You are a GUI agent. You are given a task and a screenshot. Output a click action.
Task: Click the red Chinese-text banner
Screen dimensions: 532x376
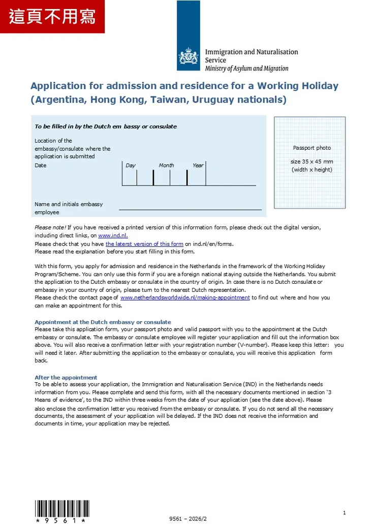pyautogui.click(x=52, y=17)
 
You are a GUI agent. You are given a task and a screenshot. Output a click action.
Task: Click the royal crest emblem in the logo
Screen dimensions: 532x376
pyautogui.click(x=189, y=56)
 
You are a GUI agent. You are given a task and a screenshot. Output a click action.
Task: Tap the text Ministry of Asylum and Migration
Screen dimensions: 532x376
pyautogui.click(x=246, y=69)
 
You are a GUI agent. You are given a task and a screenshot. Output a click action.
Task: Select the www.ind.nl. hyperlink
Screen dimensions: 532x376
pyautogui.click(x=113, y=236)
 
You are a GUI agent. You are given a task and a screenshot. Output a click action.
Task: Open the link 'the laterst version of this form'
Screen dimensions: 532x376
pyautogui.click(x=144, y=244)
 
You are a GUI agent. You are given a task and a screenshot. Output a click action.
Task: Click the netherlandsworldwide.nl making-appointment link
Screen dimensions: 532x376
pyautogui.click(x=185, y=297)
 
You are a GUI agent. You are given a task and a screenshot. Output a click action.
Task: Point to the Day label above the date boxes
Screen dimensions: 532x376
pyautogui.click(x=131, y=165)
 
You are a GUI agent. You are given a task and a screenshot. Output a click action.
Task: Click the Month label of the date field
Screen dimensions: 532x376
pyautogui.click(x=166, y=165)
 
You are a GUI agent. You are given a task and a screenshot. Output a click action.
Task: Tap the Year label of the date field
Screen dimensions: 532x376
pyautogui.click(x=198, y=165)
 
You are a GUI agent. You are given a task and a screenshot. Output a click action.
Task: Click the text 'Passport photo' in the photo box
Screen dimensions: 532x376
pyautogui.click(x=311, y=148)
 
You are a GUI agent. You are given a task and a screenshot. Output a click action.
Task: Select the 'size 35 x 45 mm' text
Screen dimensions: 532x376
pyautogui.click(x=311, y=161)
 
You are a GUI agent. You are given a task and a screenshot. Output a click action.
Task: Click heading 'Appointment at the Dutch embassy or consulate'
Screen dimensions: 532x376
pyautogui.click(x=103, y=322)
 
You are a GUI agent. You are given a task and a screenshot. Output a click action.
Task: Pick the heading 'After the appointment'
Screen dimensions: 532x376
pyautogui.click(x=66, y=377)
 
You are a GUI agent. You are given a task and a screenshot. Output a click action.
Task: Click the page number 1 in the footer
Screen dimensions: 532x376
pyautogui.click(x=344, y=513)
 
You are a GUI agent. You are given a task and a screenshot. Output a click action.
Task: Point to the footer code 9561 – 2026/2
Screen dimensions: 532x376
pyautogui.click(x=188, y=519)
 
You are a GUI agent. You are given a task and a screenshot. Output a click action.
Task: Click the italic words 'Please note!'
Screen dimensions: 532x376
pyautogui.click(x=50, y=227)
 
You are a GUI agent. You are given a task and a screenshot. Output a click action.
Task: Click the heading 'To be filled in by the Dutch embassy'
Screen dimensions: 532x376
pyautogui.click(x=105, y=126)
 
